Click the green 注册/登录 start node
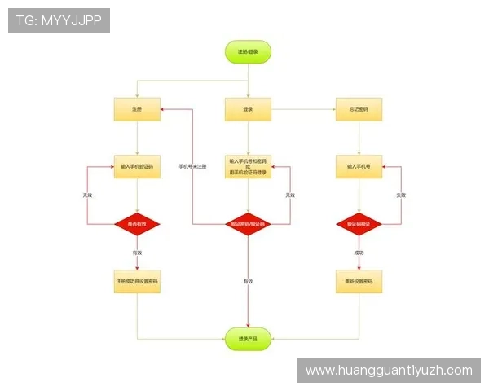pyautogui.click(x=248, y=51)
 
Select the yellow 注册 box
pyautogui.click(x=137, y=109)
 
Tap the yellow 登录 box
pyautogui.click(x=248, y=109)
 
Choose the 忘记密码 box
pyautogui.click(x=359, y=109)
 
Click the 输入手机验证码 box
pyautogui.click(x=137, y=166)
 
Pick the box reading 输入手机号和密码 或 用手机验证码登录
pyautogui.click(x=248, y=166)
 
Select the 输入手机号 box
pyautogui.click(x=359, y=166)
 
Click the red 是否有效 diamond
pyautogui.click(x=137, y=223)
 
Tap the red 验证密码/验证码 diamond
pyautogui.click(x=248, y=223)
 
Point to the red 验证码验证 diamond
pyautogui.click(x=359, y=223)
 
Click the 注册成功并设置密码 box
pyautogui.click(x=137, y=282)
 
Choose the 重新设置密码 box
pyautogui.click(x=359, y=282)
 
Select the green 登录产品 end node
pyautogui.click(x=248, y=338)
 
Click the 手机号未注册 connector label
pyautogui.click(x=192, y=166)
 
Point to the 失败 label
pyautogui.click(x=401, y=195)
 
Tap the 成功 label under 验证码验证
pyautogui.click(x=359, y=253)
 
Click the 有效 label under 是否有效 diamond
pyautogui.click(x=137, y=253)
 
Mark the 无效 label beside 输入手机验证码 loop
pyautogui.click(x=87, y=195)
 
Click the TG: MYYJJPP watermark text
pyautogui.click(x=59, y=20)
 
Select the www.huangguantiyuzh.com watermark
pyautogui.click(x=388, y=371)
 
